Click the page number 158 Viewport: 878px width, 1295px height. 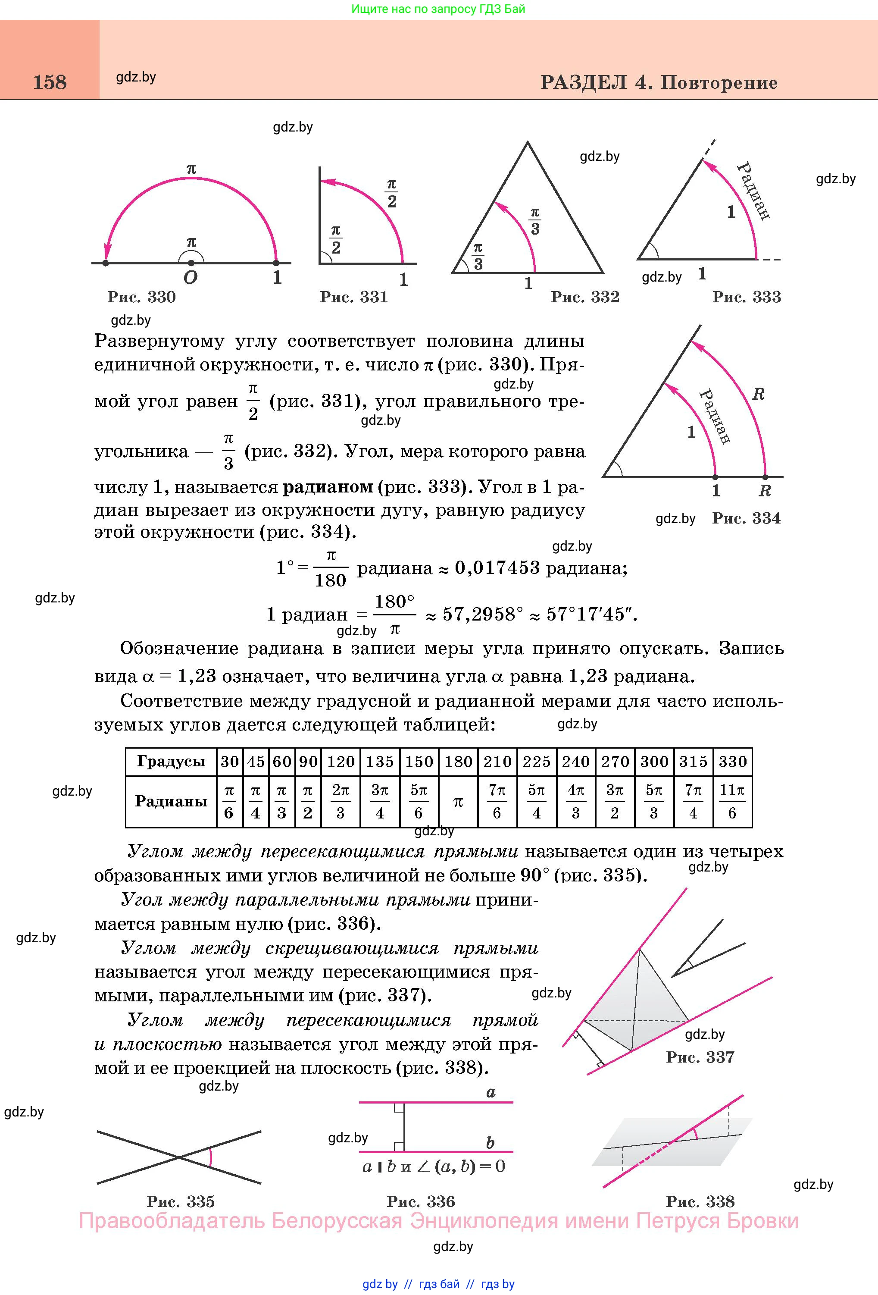50,82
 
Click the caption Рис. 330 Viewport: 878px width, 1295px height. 141,297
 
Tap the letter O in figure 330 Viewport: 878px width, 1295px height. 190,278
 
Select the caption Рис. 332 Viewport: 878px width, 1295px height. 585,297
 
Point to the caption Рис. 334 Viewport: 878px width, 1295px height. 747,519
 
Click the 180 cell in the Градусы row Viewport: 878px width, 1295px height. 458,762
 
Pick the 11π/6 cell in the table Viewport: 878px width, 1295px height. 732,801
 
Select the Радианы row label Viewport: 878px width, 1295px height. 171,801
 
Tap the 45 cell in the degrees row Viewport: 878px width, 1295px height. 256,762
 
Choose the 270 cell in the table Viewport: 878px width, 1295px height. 615,762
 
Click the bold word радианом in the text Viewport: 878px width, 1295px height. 328,487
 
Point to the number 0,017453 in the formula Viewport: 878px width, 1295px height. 497,568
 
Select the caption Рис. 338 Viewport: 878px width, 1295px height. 700,1201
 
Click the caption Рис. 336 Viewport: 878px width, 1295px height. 421,1201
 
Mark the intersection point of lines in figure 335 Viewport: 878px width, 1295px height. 179,1157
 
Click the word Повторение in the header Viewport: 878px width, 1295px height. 719,83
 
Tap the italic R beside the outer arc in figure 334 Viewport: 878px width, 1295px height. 758,395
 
